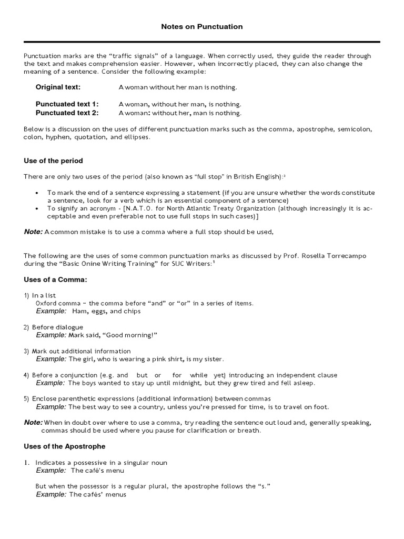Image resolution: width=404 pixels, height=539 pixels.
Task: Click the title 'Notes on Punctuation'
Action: click(x=202, y=27)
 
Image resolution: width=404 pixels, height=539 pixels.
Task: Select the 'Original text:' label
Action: click(x=58, y=87)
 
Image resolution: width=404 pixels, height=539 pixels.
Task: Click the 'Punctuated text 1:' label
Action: click(x=67, y=104)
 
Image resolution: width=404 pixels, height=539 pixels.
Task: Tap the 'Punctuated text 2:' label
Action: click(x=67, y=113)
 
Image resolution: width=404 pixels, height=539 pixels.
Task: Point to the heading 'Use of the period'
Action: click(x=53, y=161)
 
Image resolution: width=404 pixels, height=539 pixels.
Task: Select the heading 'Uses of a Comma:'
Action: click(x=55, y=280)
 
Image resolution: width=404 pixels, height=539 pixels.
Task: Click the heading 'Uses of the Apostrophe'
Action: click(x=65, y=446)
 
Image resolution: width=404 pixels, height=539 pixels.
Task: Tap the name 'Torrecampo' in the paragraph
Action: click(x=348, y=256)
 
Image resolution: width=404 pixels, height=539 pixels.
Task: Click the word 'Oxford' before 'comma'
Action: click(x=46, y=303)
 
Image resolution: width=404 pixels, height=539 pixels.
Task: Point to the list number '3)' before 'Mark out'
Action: click(x=26, y=351)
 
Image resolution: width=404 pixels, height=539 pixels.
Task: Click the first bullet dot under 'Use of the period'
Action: click(x=37, y=193)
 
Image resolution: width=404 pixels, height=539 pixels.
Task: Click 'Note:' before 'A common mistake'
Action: click(x=33, y=232)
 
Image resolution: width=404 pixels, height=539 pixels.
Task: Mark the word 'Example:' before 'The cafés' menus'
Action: click(x=51, y=495)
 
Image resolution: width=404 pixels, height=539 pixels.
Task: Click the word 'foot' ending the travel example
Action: click(x=321, y=407)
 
